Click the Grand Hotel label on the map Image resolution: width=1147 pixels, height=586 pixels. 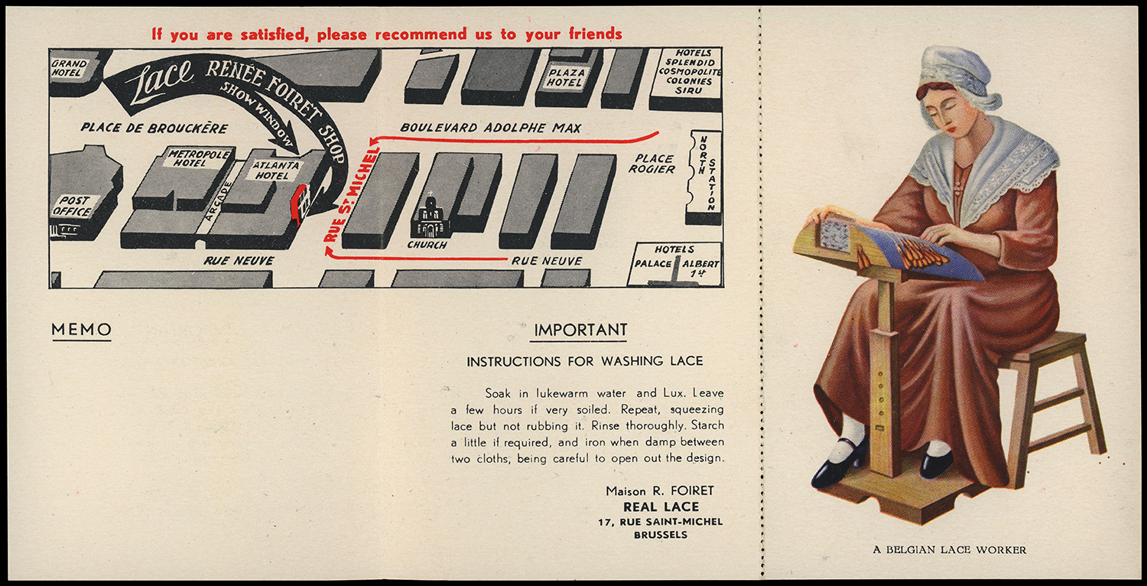click(70, 67)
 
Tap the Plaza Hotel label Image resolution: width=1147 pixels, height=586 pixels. click(566, 77)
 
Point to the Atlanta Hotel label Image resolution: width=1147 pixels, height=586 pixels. click(273, 170)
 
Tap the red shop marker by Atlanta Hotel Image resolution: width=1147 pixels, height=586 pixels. click(299, 204)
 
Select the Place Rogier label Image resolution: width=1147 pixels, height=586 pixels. click(652, 163)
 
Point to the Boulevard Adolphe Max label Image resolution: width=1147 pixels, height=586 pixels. click(490, 128)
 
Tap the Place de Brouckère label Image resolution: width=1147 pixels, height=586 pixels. click(154, 128)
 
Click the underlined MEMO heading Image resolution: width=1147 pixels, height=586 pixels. click(81, 330)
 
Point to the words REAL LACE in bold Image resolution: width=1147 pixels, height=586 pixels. click(661, 506)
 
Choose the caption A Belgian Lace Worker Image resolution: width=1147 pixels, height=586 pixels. click(949, 549)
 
